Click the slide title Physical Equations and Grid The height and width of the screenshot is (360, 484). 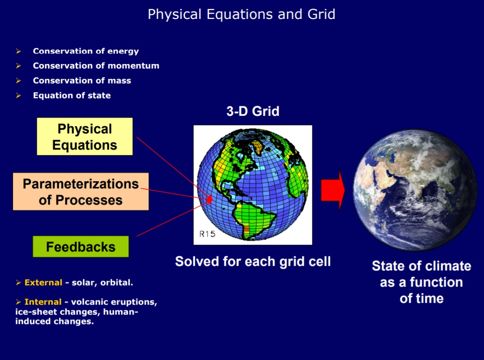241,14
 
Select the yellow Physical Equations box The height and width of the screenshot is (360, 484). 85,136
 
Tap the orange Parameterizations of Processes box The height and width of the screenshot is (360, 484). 81,191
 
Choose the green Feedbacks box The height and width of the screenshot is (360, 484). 81,246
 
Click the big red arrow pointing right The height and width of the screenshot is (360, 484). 333,190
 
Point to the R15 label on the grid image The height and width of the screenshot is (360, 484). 207,234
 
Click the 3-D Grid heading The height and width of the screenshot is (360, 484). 253,111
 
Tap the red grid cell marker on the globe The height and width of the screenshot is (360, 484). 210,199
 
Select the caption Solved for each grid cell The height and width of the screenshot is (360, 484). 253,261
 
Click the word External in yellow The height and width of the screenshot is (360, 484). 44,283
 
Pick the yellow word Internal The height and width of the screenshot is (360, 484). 43,302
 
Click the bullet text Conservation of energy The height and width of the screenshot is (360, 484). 86,51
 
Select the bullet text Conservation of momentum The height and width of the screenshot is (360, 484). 96,65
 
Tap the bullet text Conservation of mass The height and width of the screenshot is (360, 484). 82,80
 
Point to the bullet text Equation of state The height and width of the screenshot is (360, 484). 72,95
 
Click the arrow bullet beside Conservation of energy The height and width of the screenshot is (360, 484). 18,51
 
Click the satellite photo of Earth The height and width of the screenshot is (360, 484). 415,190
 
